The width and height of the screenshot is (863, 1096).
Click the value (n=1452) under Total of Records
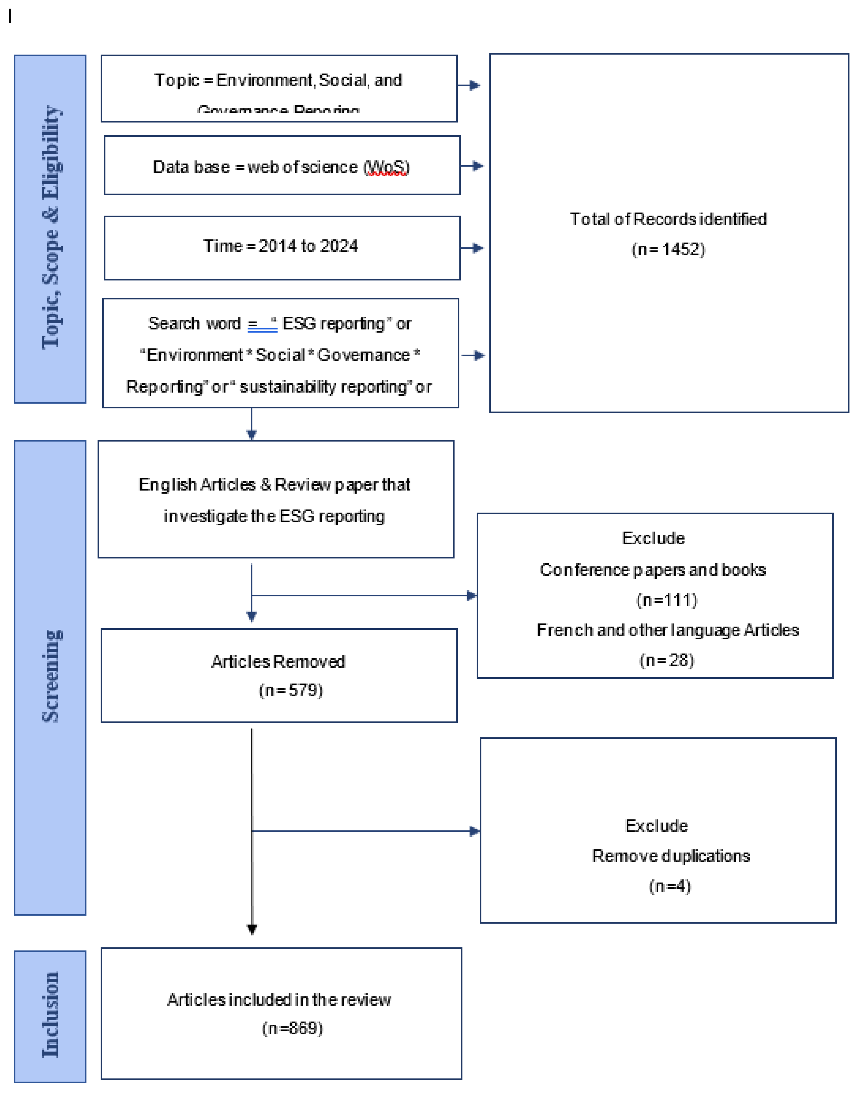(x=668, y=249)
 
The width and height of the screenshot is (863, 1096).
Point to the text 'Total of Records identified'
(x=668, y=219)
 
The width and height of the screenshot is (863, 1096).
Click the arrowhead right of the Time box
(x=477, y=248)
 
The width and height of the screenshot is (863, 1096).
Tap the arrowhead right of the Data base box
(x=477, y=166)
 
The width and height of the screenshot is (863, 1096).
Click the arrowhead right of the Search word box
(x=478, y=356)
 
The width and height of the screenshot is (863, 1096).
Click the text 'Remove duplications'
(x=670, y=856)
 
